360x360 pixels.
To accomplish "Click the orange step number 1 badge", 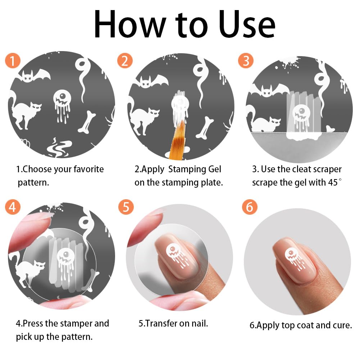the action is [x=13, y=61].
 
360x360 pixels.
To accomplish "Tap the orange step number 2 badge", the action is [x=125, y=61].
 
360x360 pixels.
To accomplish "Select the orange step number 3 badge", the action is [x=246, y=61].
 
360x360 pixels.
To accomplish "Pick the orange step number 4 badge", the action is [x=13, y=207].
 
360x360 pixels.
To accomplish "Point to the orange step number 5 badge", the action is [x=126, y=207].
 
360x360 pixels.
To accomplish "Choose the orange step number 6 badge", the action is [x=250, y=207].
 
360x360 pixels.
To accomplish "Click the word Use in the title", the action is [x=247, y=24].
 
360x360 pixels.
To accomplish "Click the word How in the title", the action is [x=130, y=24].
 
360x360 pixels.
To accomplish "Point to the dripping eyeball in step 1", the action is [x=62, y=106].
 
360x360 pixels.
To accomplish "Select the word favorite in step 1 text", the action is [x=88, y=169].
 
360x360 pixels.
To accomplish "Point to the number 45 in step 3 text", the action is [x=333, y=183].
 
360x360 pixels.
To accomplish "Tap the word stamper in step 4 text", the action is [x=76, y=324].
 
